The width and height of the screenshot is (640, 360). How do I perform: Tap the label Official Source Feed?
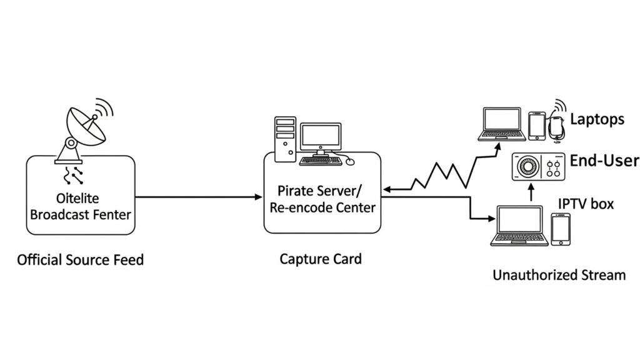point(80,259)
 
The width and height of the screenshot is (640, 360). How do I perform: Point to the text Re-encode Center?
point(322,207)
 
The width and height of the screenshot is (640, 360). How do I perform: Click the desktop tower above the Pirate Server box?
point(284,139)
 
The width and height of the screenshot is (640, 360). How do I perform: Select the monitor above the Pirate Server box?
point(320,137)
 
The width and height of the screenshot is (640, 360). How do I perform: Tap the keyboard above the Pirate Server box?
point(320,161)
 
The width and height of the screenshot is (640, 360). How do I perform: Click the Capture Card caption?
point(320,258)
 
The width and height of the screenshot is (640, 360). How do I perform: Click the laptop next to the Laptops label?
point(502,124)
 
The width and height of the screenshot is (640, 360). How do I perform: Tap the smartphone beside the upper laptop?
point(536,126)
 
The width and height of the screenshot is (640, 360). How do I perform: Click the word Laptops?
point(597,119)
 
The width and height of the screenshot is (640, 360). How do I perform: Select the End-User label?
point(604,161)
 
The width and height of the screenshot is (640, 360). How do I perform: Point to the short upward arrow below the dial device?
point(532,193)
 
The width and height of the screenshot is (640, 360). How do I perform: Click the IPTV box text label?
point(586,204)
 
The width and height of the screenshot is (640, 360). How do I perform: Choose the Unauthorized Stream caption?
point(559,274)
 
